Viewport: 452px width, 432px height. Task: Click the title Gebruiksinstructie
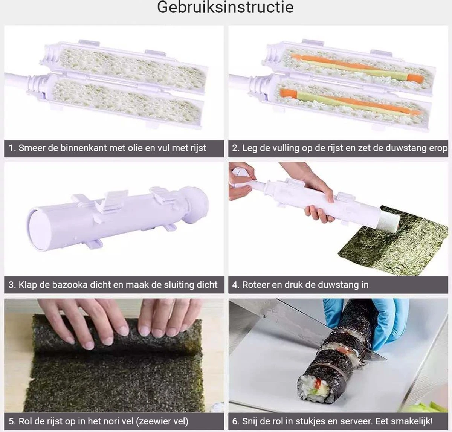point(225,8)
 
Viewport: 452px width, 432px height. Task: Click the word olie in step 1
point(135,148)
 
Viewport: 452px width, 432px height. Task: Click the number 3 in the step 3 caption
point(11,285)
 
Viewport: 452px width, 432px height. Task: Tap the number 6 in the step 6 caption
point(235,421)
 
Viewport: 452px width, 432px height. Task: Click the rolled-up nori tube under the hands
point(116,337)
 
